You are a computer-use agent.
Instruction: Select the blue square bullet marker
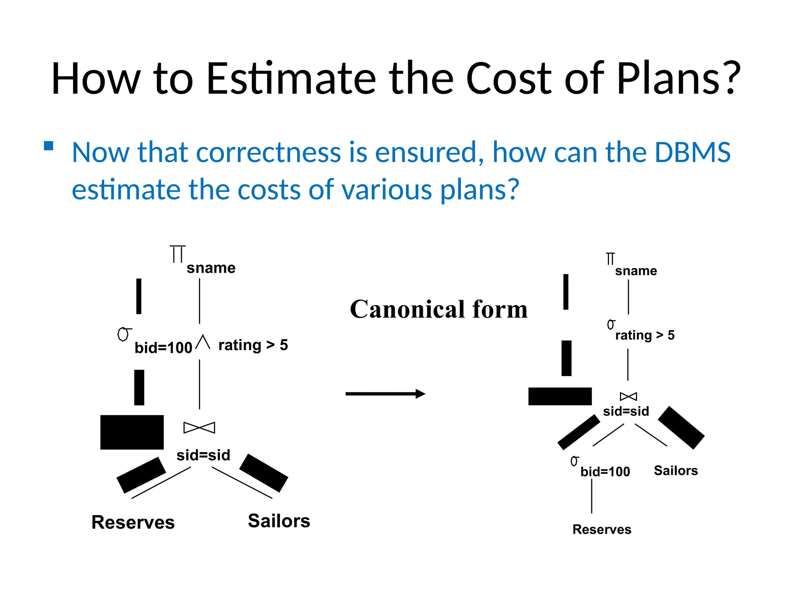48,146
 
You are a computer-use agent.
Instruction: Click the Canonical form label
438,309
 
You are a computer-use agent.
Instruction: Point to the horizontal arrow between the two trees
385,394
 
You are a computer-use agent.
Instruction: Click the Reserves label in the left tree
133,522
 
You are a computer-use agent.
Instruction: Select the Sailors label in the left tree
279,521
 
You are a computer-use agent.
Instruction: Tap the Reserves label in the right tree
602,529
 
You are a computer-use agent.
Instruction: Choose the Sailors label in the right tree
675,470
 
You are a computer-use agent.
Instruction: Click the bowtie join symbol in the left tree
199,428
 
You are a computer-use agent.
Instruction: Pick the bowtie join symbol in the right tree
628,396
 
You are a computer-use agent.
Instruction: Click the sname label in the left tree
211,268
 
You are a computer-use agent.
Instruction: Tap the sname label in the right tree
636,271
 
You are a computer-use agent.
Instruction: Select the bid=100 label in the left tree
163,347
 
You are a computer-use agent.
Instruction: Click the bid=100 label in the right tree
605,471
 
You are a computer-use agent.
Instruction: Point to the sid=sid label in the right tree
626,411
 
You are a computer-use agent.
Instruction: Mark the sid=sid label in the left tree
203,455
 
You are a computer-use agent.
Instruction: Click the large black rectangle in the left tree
132,432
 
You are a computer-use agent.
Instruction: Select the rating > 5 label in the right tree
645,335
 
